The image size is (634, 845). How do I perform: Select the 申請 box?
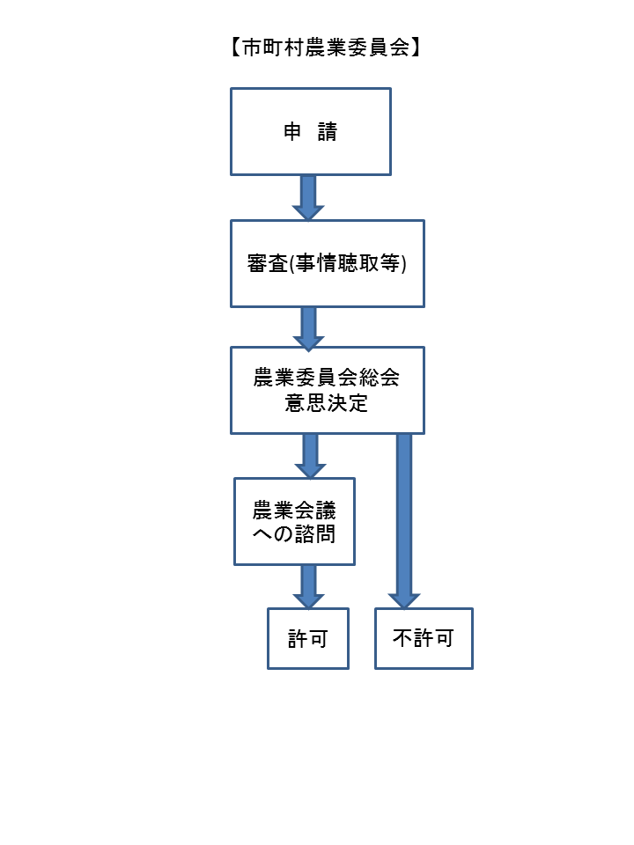tap(310, 131)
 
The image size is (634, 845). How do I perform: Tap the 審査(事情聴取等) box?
tap(327, 263)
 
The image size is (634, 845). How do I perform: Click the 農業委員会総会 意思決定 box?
tap(327, 390)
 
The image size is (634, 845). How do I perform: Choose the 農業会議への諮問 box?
tap(294, 521)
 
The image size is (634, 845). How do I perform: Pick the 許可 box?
tap(308, 638)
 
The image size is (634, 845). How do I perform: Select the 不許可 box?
tap(424, 638)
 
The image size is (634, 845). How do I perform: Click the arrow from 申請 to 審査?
tap(308, 197)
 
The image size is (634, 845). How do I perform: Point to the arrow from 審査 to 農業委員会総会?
tap(308, 327)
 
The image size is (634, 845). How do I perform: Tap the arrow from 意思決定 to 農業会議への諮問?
tap(309, 455)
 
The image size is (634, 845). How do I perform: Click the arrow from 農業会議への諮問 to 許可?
tap(308, 586)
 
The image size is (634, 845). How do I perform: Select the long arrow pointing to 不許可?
tap(404, 519)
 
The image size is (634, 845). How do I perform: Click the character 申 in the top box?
tap(291, 132)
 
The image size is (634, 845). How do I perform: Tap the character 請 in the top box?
tap(328, 132)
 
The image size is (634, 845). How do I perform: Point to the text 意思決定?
tap(327, 404)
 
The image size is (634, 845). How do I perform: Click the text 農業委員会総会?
tap(327, 378)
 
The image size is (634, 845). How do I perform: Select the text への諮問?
tap(294, 533)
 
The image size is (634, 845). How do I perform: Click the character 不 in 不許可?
tap(402, 639)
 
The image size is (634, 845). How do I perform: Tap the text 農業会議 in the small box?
tap(294, 510)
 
